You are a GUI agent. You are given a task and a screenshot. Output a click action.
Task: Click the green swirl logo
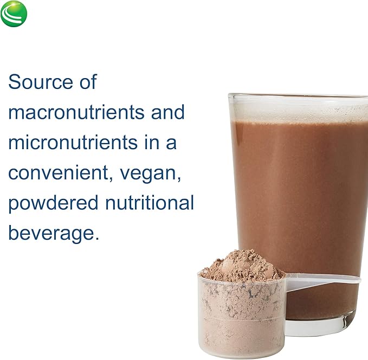tap(14, 14)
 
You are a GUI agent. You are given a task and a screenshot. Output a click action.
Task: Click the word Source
tap(41, 82)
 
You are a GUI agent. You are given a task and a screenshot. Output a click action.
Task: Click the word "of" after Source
tap(87, 82)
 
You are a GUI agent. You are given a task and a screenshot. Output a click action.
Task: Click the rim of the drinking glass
tap(298, 97)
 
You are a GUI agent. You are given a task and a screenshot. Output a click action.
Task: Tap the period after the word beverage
tap(97, 239)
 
